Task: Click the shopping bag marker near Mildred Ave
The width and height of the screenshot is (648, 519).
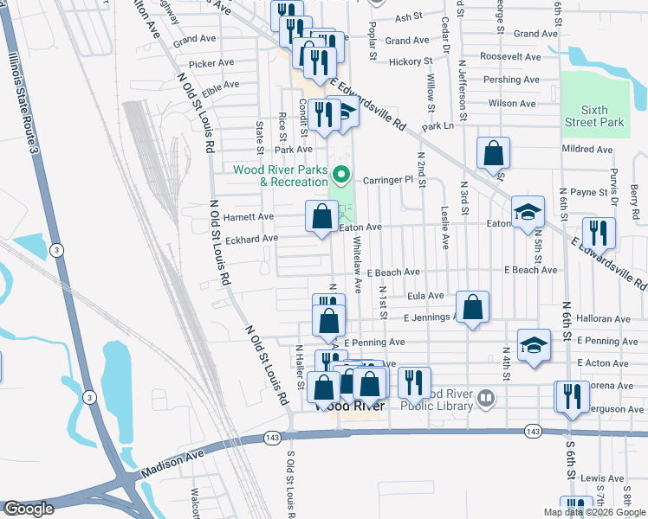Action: pyautogui.click(x=493, y=153)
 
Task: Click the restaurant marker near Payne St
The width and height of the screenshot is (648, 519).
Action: pyautogui.click(x=599, y=233)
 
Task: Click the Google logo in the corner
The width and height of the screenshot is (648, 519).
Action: pyautogui.click(x=28, y=509)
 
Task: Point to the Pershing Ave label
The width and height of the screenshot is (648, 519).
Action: pyautogui.click(x=511, y=80)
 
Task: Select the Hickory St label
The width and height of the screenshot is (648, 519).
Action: pyautogui.click(x=410, y=61)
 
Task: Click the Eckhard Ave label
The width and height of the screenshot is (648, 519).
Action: pyautogui.click(x=252, y=238)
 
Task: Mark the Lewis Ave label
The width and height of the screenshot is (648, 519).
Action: pyautogui.click(x=602, y=477)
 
